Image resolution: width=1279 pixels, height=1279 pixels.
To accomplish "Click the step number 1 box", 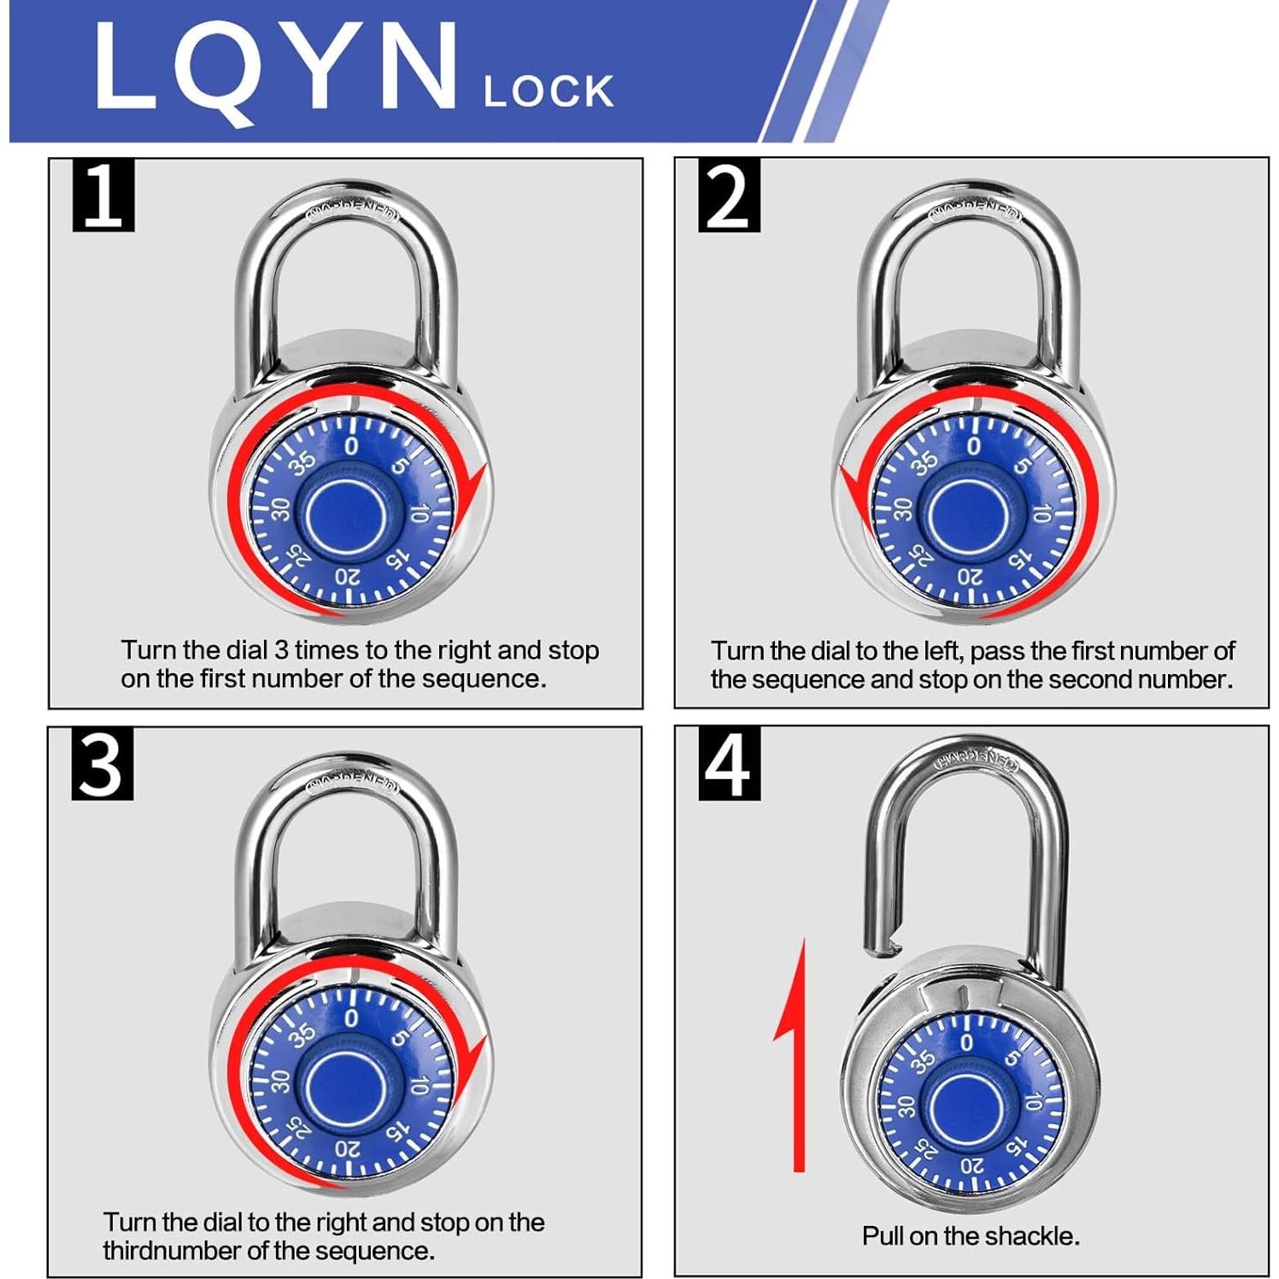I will coord(103,195).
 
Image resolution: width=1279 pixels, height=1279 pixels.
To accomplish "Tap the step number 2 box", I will coord(729,195).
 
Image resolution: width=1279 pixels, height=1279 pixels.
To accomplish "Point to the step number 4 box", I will coord(729,764).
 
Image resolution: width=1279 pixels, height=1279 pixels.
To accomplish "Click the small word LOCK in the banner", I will coord(548,91).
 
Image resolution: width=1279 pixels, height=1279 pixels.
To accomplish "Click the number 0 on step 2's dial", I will coord(973,446).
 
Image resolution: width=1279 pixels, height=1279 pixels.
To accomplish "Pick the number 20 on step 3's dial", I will coord(348,1148).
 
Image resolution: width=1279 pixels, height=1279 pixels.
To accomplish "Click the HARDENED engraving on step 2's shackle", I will coord(975,208).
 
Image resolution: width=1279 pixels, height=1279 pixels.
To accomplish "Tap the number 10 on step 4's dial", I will coord(1033,1102).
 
